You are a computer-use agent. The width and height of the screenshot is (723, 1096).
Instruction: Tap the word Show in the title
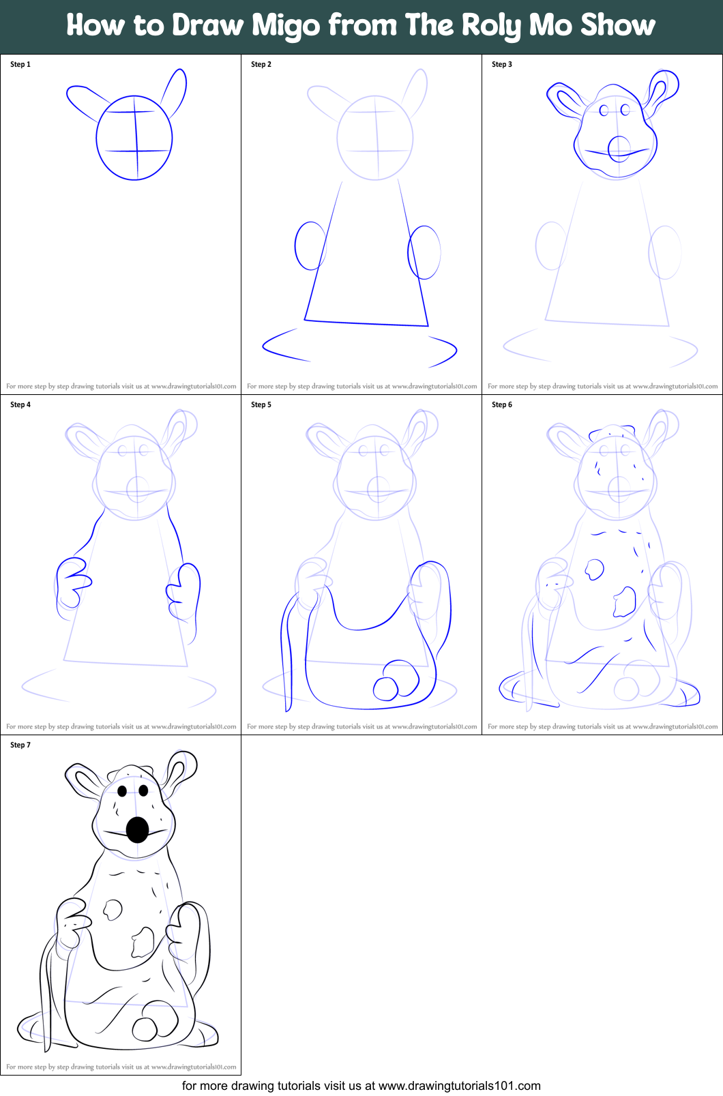tap(617, 25)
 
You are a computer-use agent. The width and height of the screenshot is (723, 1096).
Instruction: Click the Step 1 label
tap(20, 64)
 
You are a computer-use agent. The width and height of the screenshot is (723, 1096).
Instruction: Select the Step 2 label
tap(261, 64)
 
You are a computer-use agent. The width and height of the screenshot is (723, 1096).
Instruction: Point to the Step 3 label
tap(502, 64)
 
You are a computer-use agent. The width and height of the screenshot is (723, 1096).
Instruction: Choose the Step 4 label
tap(20, 404)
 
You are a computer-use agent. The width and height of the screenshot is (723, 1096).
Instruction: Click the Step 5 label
tap(261, 404)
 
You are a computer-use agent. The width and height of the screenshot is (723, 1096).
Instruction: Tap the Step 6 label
tap(502, 404)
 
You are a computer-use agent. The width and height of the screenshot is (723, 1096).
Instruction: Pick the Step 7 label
tap(20, 745)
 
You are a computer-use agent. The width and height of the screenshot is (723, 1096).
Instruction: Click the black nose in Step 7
tap(138, 829)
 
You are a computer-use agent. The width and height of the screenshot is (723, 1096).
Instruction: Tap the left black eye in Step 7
tap(122, 791)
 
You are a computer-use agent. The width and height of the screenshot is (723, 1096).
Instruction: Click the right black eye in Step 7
tap(143, 790)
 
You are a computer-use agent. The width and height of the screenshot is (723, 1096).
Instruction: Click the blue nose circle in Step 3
tap(619, 148)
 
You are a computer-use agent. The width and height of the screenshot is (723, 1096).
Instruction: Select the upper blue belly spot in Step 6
tap(594, 569)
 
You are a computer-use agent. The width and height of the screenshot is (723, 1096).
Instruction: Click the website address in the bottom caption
tap(459, 1086)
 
